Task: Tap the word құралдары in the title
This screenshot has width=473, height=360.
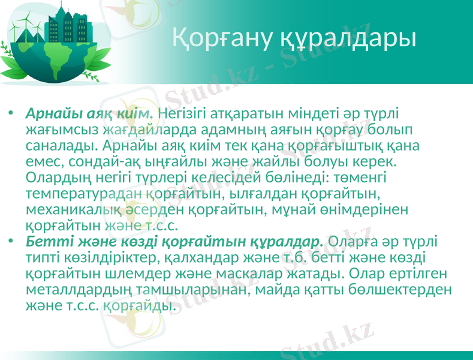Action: pos(348,38)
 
